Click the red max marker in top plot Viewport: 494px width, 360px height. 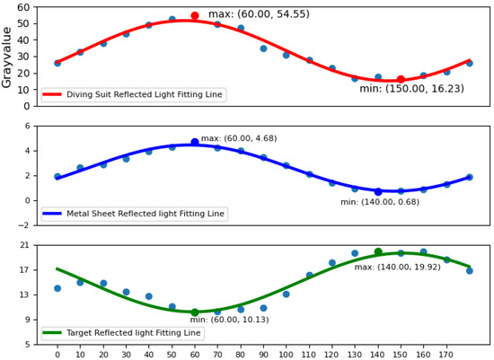[x=195, y=16]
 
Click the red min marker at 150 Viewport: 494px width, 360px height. [x=401, y=79]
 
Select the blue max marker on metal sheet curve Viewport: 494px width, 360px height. [x=195, y=142]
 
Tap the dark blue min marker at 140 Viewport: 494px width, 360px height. [x=378, y=191]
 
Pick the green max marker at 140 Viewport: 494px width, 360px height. [x=378, y=252]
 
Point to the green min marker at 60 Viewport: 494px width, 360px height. [x=195, y=312]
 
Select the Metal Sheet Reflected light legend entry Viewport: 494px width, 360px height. [x=144, y=214]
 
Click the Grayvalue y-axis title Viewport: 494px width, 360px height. [x=8, y=56]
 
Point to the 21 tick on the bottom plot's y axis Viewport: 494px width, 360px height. [x=23, y=245]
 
